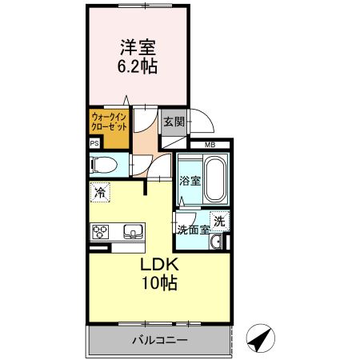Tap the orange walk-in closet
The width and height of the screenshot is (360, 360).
click(x=109, y=127)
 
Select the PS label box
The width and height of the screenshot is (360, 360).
click(x=94, y=144)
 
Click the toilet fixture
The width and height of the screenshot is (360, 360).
click(x=105, y=166)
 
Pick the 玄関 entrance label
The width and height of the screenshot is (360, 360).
click(x=174, y=122)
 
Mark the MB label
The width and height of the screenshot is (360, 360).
click(x=210, y=145)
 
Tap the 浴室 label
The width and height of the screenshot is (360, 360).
click(x=190, y=181)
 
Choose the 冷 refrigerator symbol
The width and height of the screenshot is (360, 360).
click(x=99, y=192)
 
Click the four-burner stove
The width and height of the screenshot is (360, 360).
click(x=101, y=233)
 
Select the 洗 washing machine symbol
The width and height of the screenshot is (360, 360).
click(x=218, y=220)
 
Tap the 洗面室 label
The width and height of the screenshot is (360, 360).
click(x=193, y=230)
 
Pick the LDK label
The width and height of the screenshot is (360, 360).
click(x=159, y=265)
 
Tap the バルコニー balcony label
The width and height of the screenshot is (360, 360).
click(x=159, y=341)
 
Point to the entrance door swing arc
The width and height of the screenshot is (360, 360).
click(x=204, y=122)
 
